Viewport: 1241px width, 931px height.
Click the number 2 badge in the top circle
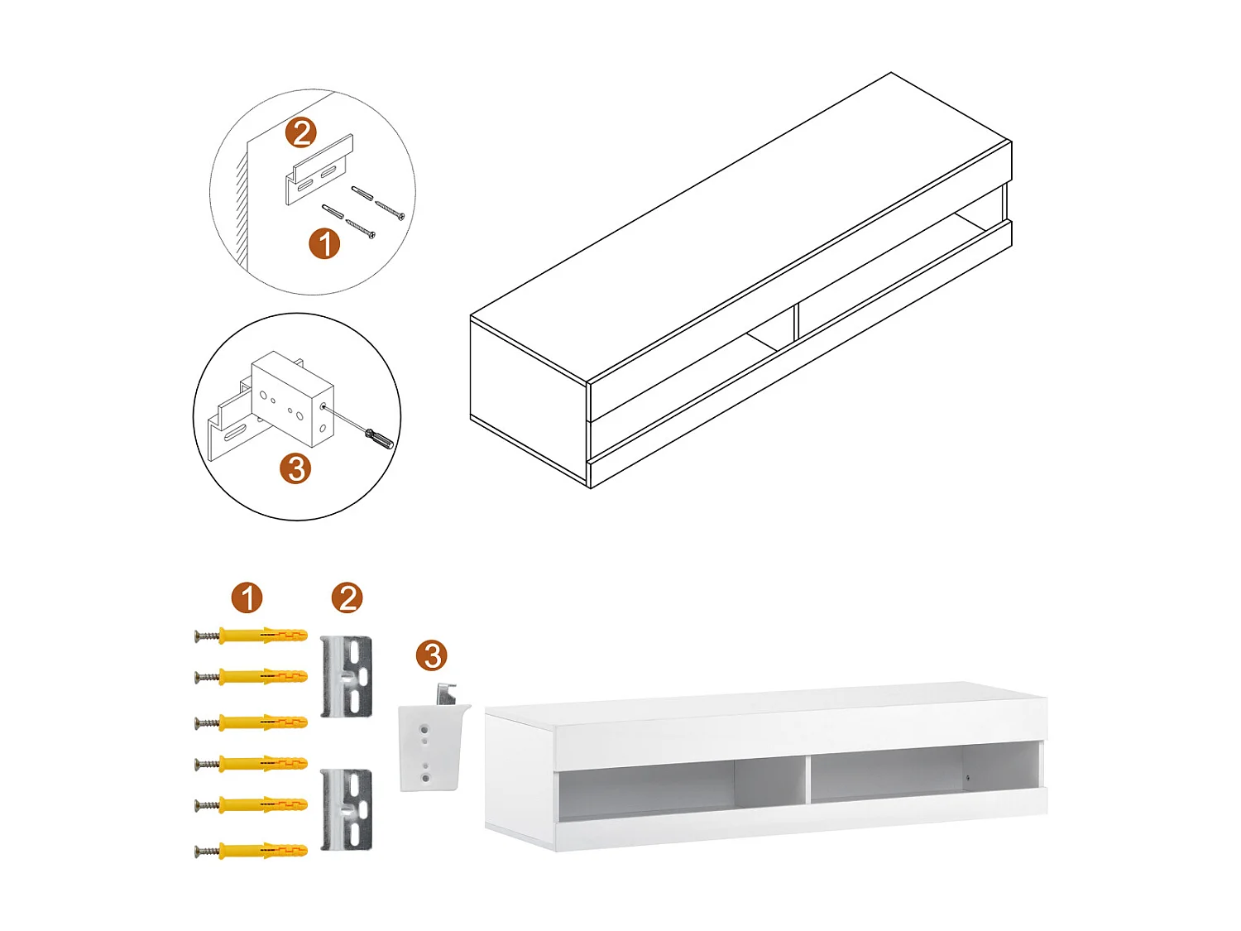(x=302, y=132)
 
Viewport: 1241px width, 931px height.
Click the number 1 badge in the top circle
(x=324, y=243)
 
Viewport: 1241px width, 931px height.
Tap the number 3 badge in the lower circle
(x=295, y=468)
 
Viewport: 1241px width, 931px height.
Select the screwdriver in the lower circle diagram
(x=379, y=438)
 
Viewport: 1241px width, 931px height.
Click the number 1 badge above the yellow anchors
(x=247, y=597)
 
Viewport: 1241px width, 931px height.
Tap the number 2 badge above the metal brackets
(x=347, y=597)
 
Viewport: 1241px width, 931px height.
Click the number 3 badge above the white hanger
(x=431, y=655)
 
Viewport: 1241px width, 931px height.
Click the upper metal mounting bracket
(x=346, y=676)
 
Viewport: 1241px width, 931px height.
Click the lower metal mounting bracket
(x=346, y=809)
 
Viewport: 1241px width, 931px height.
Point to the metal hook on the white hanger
(x=447, y=693)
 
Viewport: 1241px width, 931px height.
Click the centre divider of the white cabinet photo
(x=806, y=778)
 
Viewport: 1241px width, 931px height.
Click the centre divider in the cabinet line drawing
(x=795, y=321)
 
